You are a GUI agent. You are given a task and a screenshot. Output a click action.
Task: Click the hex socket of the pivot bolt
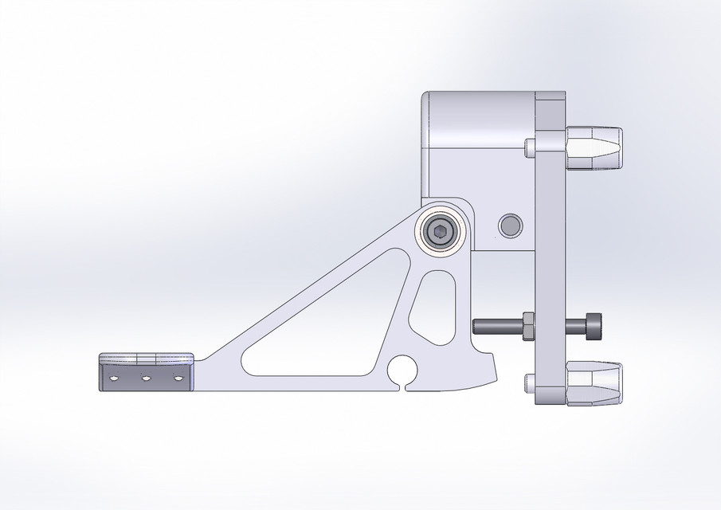click(439, 232)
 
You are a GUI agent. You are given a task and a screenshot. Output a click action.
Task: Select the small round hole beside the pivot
click(510, 226)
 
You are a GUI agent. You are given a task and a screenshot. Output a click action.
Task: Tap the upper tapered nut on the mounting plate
click(594, 147)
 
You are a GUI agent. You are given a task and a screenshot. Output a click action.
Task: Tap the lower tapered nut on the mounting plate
click(594, 382)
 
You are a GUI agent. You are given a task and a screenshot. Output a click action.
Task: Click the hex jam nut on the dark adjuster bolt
click(527, 326)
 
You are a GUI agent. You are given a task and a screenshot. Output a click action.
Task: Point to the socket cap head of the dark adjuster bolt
click(594, 326)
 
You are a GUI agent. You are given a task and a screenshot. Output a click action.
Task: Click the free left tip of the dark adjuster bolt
click(476, 326)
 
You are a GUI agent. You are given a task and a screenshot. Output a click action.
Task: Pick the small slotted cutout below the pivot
click(434, 307)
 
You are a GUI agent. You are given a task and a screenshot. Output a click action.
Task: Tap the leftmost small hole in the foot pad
click(114, 379)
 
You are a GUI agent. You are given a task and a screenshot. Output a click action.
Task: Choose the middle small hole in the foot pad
click(146, 379)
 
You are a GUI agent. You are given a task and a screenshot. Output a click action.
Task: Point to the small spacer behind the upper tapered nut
click(530, 147)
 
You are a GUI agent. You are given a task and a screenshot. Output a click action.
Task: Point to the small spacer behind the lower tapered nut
click(530, 382)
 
